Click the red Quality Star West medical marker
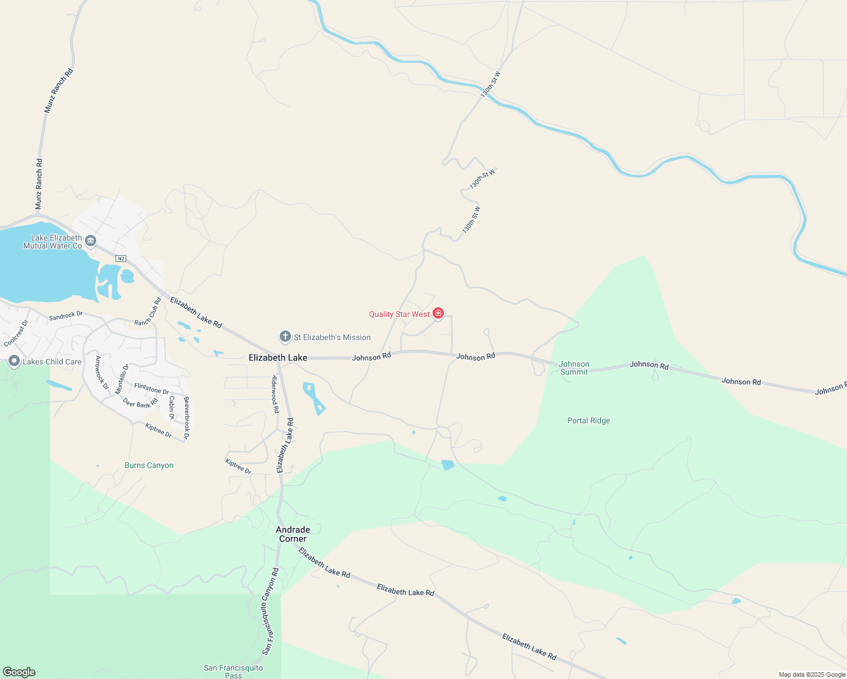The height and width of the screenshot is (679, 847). pyautogui.click(x=438, y=313)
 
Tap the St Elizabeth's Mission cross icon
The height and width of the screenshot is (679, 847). pyautogui.click(x=285, y=337)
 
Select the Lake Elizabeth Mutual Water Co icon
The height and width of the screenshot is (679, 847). pyautogui.click(x=91, y=242)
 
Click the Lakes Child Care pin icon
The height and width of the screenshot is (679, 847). pyautogui.click(x=14, y=362)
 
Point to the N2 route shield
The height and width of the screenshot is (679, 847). pyautogui.click(x=120, y=259)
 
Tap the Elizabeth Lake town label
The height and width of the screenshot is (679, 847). pyautogui.click(x=277, y=358)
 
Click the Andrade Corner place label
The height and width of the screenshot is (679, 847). pyautogui.click(x=293, y=534)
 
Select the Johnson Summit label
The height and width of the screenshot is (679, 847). pyautogui.click(x=574, y=368)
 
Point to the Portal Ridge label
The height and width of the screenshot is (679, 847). pyautogui.click(x=588, y=420)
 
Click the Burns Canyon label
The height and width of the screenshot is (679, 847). pyautogui.click(x=149, y=465)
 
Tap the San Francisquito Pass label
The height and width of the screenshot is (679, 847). pyautogui.click(x=233, y=671)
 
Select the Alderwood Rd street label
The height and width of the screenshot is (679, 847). pyautogui.click(x=276, y=394)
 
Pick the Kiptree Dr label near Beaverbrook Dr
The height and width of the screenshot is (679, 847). pyautogui.click(x=159, y=431)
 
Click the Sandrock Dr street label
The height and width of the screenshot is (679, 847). pyautogui.click(x=66, y=316)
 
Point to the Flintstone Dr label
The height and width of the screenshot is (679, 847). pyautogui.click(x=152, y=389)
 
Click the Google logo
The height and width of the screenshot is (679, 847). pyautogui.click(x=19, y=672)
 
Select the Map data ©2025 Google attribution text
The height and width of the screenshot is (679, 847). pyautogui.click(x=812, y=674)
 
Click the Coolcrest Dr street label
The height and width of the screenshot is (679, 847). pyautogui.click(x=16, y=334)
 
